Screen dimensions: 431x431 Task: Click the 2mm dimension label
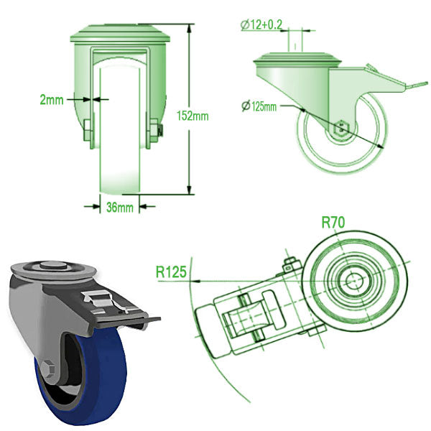pyautogui.click(x=51, y=100)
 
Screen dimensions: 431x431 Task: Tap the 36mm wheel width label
pyautogui.click(x=119, y=208)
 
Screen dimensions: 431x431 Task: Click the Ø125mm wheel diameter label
pyautogui.click(x=259, y=107)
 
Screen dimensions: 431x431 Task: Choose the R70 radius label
pyautogui.click(x=333, y=223)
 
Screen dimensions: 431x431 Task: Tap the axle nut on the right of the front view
pyautogui.click(x=159, y=130)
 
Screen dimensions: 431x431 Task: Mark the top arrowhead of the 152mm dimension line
pyautogui.click(x=190, y=27)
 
